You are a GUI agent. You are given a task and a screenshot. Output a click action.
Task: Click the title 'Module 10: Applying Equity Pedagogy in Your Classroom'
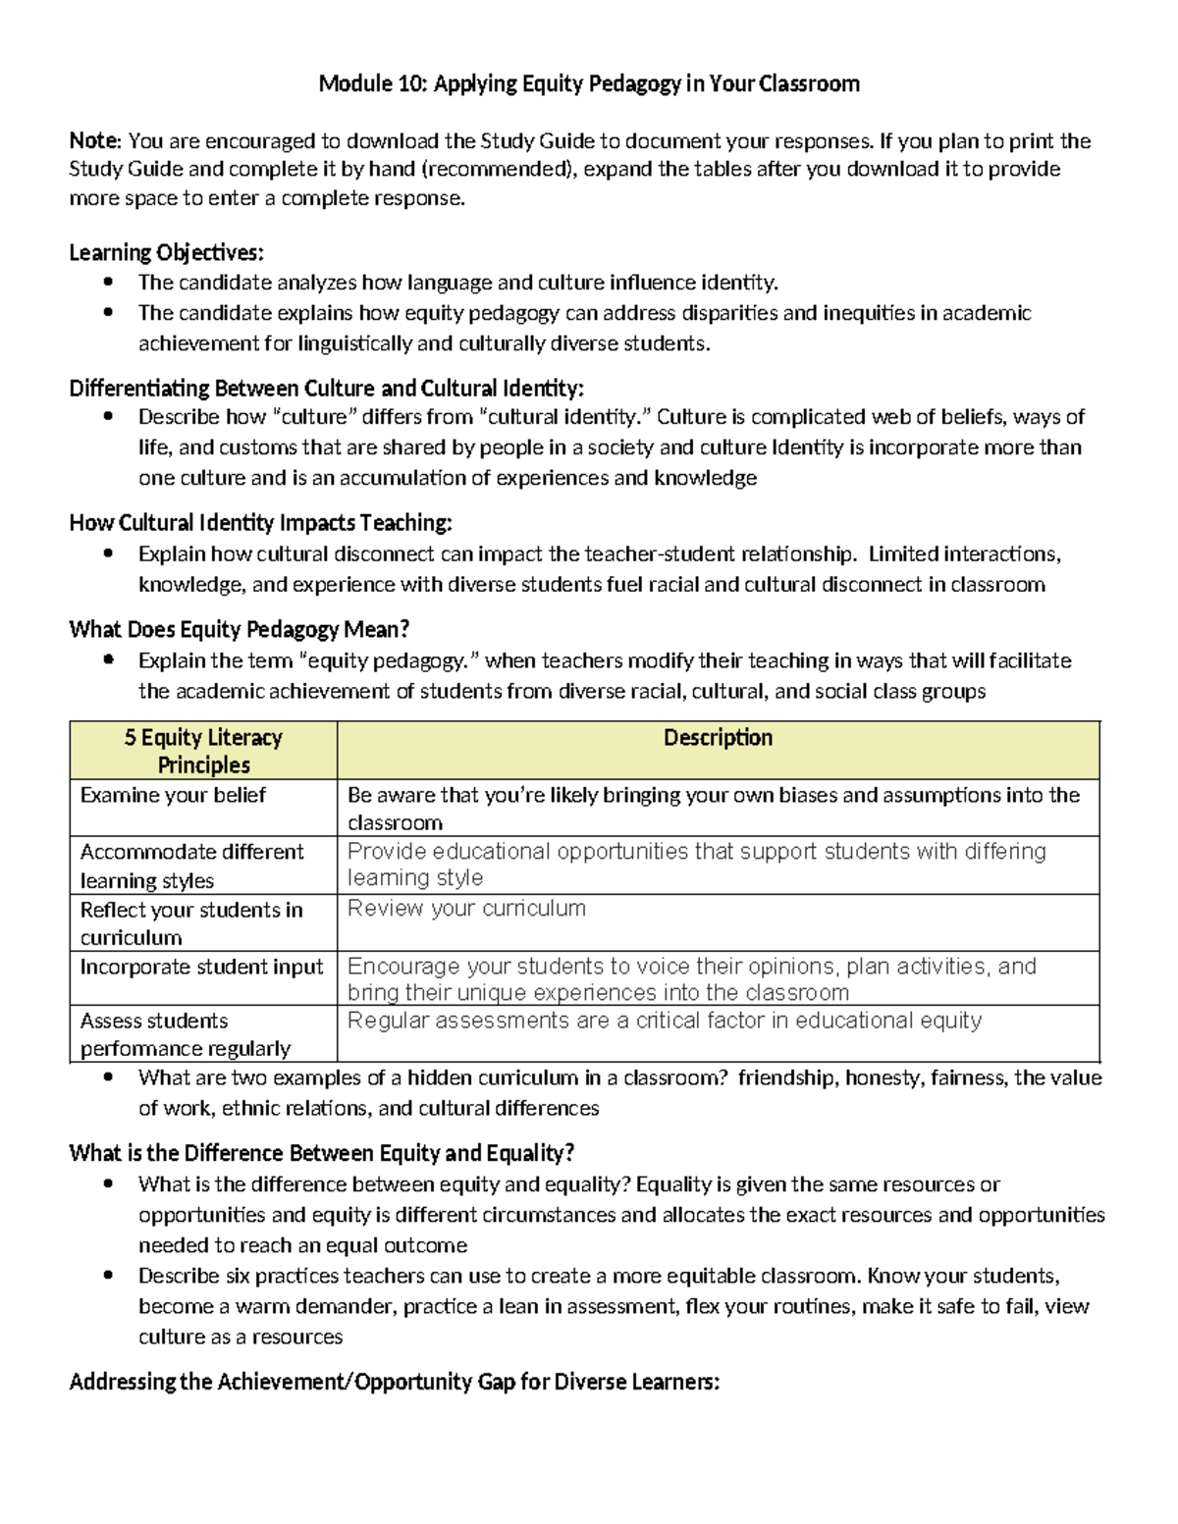point(589,84)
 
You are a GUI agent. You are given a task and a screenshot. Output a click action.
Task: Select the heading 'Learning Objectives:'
point(166,253)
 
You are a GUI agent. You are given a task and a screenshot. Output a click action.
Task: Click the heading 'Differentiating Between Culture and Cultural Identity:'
point(326,389)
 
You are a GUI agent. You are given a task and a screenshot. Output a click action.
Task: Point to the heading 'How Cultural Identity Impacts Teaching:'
point(260,523)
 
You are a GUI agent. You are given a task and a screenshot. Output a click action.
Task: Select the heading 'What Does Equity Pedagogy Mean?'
point(239,630)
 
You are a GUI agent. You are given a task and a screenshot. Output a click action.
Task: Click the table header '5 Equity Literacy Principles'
point(203,751)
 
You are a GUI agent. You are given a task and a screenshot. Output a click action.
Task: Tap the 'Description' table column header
point(718,738)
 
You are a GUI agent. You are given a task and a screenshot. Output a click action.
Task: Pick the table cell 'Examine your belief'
point(173,796)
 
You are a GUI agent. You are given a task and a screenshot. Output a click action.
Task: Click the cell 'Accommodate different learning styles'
point(192,866)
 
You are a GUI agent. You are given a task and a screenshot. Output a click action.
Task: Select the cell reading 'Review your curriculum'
point(466,909)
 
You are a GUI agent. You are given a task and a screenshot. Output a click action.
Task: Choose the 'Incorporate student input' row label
point(201,968)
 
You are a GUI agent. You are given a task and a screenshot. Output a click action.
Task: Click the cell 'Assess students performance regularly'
point(185,1034)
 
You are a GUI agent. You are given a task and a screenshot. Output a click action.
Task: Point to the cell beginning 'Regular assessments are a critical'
point(664,1022)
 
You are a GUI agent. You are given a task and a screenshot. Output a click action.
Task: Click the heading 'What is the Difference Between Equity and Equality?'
point(321,1153)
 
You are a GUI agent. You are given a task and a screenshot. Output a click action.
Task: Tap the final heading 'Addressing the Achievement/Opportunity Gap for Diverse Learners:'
point(395,1383)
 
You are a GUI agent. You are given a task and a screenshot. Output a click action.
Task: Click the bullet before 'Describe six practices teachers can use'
point(109,1277)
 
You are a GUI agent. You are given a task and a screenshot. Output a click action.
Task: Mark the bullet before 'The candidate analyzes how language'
point(109,284)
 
